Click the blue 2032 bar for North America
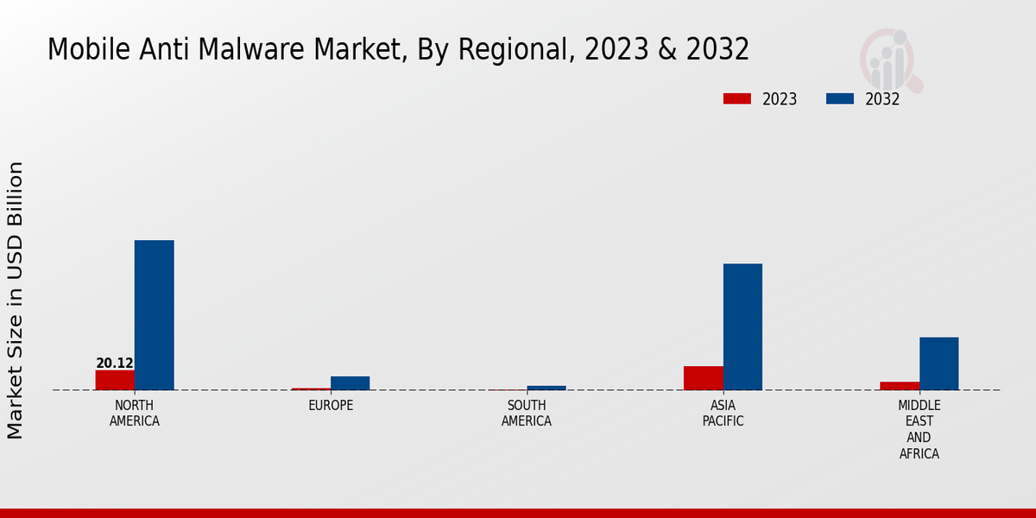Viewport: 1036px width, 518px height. click(x=154, y=315)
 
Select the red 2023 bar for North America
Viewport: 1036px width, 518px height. click(x=115, y=380)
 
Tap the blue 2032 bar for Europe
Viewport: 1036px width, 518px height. click(x=350, y=383)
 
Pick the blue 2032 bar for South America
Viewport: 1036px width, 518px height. click(x=546, y=388)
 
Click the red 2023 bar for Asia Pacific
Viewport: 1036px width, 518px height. click(x=703, y=378)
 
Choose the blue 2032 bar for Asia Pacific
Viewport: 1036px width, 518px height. click(x=742, y=326)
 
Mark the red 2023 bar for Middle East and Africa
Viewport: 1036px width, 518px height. click(x=900, y=386)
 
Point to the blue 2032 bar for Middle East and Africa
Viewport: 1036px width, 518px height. click(x=938, y=363)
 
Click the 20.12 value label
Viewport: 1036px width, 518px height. click(x=115, y=363)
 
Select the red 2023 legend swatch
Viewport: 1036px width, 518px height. click(x=736, y=99)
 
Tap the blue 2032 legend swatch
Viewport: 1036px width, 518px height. click(x=840, y=99)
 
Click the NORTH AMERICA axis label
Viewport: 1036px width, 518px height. click(x=135, y=414)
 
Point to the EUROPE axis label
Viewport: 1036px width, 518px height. click(x=331, y=406)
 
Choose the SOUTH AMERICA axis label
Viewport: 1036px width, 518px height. click(x=527, y=414)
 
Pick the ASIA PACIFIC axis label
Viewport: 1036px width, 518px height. click(x=723, y=414)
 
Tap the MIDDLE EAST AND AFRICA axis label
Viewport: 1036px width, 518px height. click(x=919, y=429)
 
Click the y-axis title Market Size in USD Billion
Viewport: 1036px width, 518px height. click(x=16, y=300)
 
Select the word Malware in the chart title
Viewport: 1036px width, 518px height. click(x=264, y=49)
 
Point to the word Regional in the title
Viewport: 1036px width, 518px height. click(x=509, y=49)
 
